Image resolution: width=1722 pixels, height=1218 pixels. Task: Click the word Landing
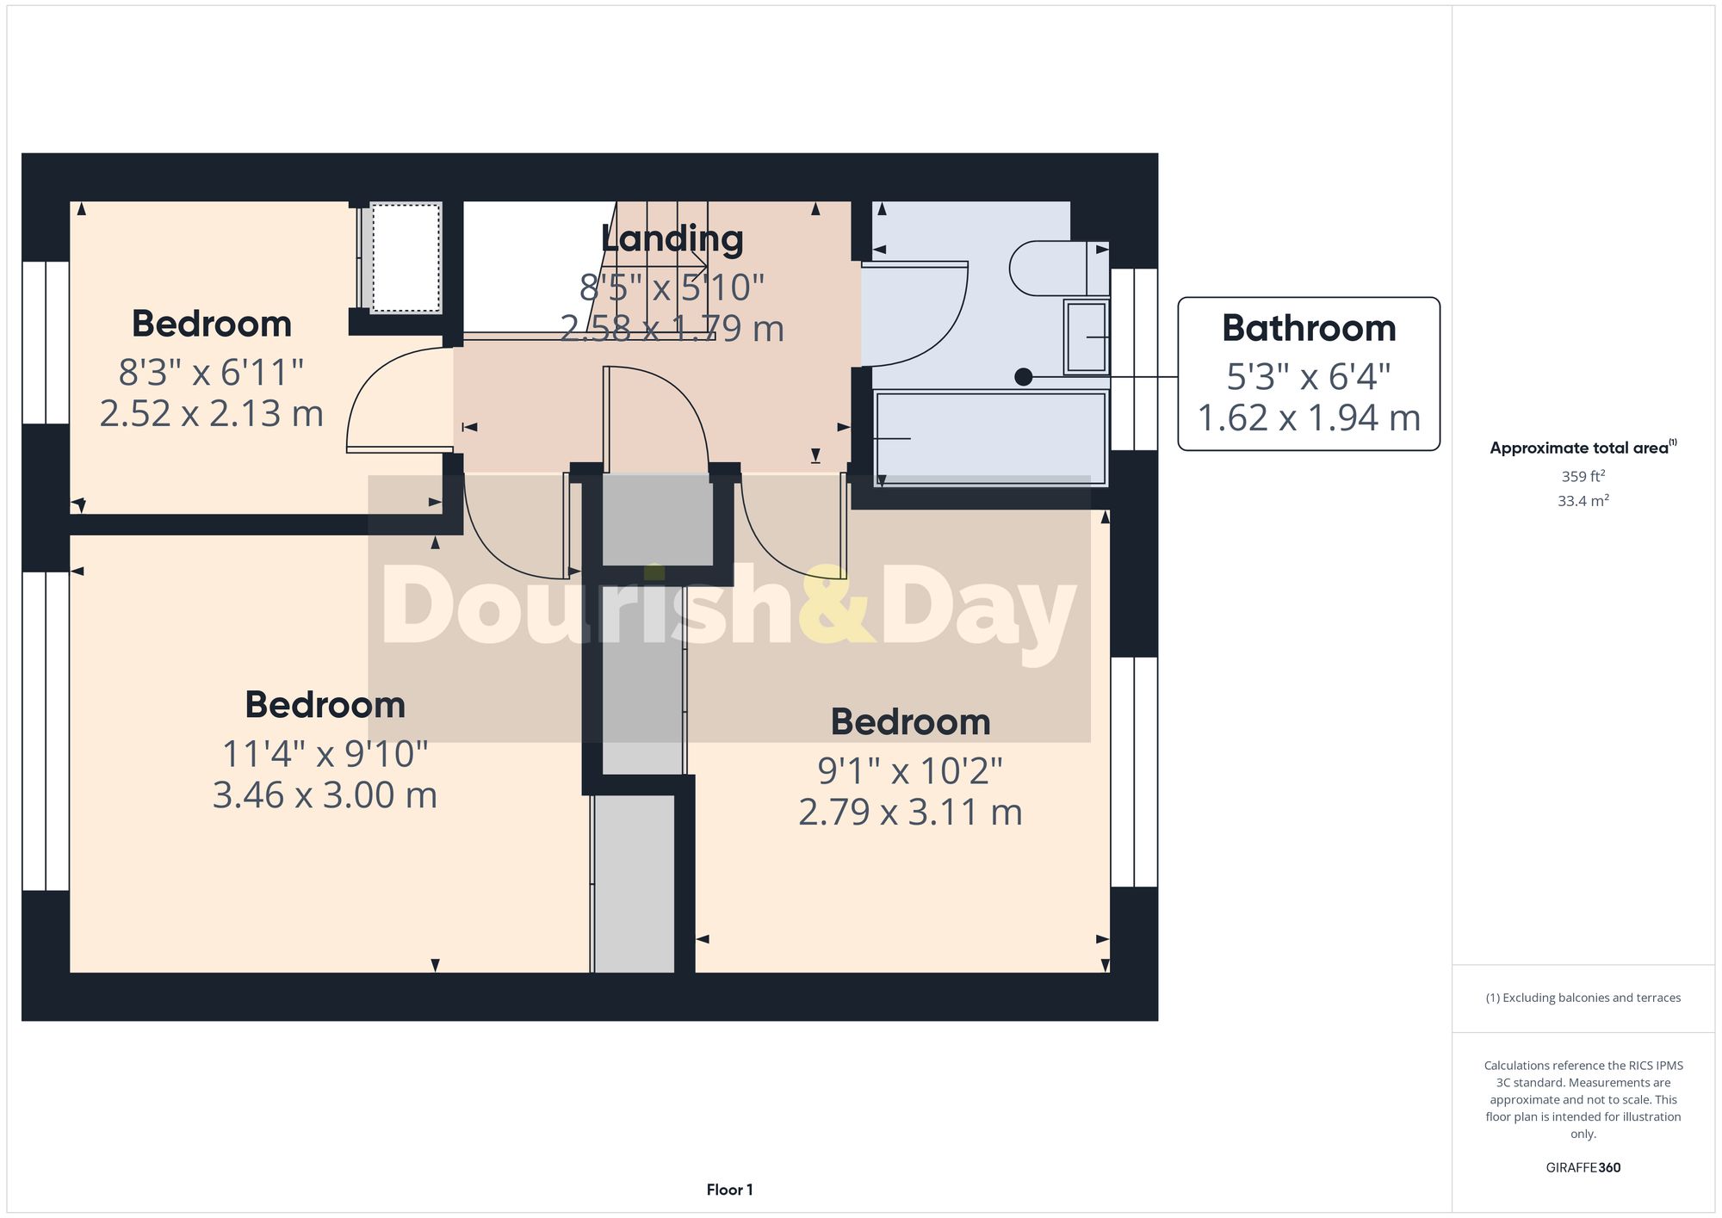coord(672,239)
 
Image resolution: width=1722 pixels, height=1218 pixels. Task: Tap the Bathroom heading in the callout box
coord(1308,329)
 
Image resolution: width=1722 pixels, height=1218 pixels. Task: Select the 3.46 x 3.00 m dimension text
coord(325,795)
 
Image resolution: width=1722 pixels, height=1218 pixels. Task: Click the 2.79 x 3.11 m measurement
coord(910,813)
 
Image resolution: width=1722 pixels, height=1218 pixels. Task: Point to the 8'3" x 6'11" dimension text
coord(211,373)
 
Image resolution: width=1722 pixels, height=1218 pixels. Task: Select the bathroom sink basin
coord(1086,337)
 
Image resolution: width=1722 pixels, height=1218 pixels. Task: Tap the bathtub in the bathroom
coord(990,438)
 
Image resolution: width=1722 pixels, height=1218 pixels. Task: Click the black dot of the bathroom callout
coord(1023,377)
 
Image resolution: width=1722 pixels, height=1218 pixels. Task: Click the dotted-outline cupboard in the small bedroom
coord(406,257)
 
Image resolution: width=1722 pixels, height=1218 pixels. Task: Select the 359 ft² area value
coord(1583,476)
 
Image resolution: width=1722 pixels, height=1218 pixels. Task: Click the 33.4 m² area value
coord(1583,501)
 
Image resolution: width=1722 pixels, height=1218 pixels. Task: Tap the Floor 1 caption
coord(729,1190)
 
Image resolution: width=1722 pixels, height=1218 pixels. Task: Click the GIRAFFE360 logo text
coord(1583,1168)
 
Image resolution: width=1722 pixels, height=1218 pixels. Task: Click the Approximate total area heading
coord(1583,448)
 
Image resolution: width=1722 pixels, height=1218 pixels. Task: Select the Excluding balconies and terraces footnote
coord(1583,998)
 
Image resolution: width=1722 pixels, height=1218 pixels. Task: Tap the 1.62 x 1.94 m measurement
coord(1308,418)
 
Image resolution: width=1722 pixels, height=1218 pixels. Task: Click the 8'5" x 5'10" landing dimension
coord(672,287)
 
